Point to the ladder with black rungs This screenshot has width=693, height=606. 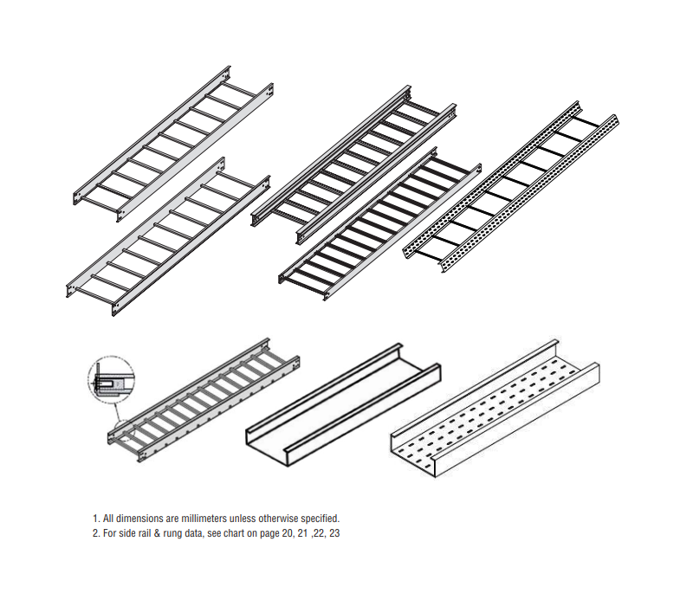[381, 222]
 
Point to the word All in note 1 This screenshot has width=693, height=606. [110, 519]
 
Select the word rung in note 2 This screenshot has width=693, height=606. [176, 533]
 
